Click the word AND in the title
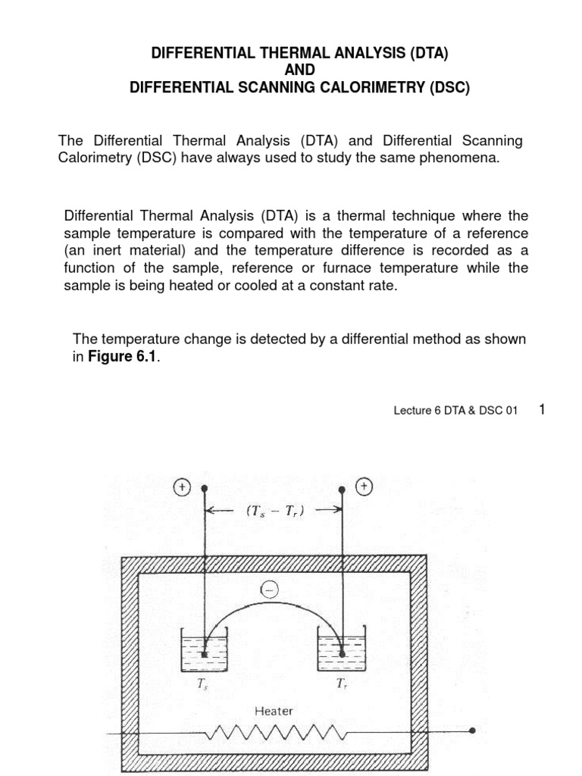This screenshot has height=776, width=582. pyautogui.click(x=299, y=70)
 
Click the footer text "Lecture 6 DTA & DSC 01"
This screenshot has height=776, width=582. pyautogui.click(x=455, y=411)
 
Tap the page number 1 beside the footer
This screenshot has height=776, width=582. pyautogui.click(x=542, y=409)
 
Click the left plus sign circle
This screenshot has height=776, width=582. pyautogui.click(x=182, y=487)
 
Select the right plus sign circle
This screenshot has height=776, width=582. pyautogui.click(x=365, y=487)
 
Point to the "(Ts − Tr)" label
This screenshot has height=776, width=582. pyautogui.click(x=274, y=511)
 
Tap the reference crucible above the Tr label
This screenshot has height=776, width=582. pyautogui.click(x=342, y=649)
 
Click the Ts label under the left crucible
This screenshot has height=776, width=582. pyautogui.click(x=202, y=685)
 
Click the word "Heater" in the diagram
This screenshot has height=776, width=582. pyautogui.click(x=274, y=711)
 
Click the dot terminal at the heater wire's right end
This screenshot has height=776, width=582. pyautogui.click(x=472, y=731)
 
